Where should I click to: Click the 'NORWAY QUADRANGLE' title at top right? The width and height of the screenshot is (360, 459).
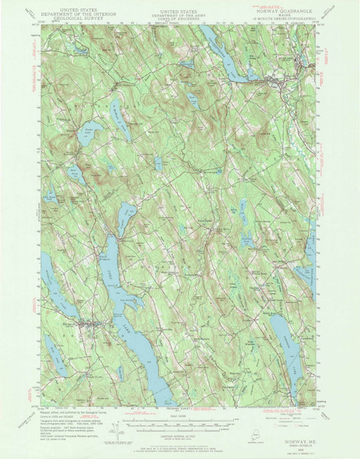(287, 11)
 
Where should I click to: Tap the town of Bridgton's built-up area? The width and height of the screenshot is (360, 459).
(89, 325)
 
